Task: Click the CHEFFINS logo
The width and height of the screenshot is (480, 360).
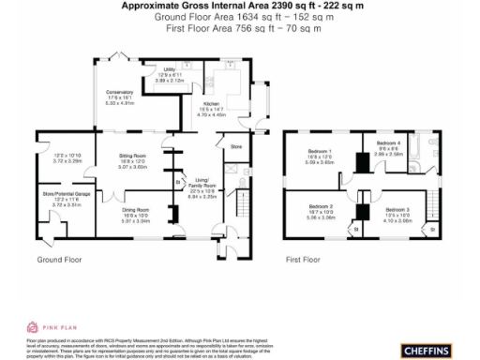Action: click(429, 350)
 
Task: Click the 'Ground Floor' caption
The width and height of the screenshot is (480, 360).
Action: click(61, 259)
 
